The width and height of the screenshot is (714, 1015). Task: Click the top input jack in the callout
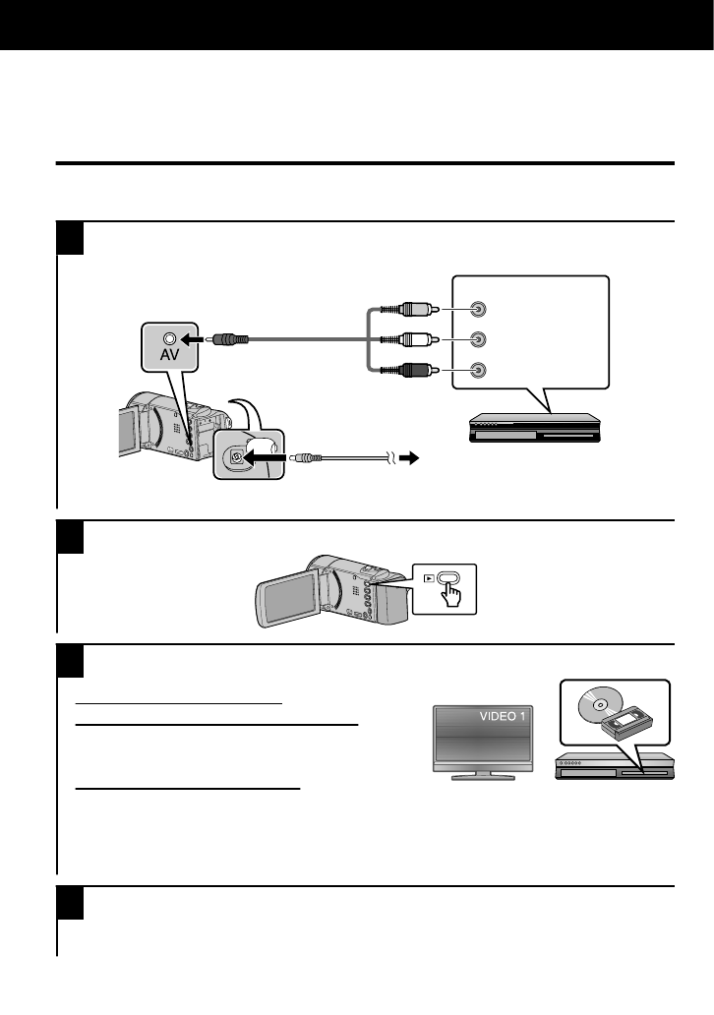[x=477, y=309]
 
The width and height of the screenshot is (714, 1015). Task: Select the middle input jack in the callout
[x=477, y=339]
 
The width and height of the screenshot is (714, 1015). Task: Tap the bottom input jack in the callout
[x=477, y=371]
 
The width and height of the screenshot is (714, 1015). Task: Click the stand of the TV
[x=482, y=774]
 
